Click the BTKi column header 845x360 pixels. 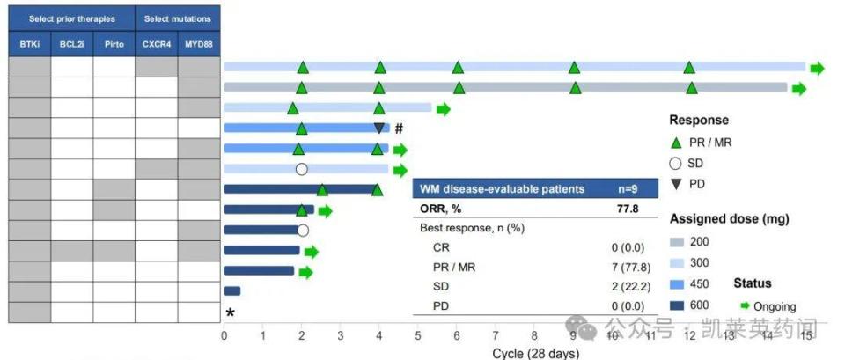point(29,43)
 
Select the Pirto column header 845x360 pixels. point(114,43)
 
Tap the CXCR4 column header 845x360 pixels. point(157,43)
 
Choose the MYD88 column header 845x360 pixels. point(199,43)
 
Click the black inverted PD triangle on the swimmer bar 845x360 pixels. point(379,128)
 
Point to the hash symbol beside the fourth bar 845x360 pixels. point(399,129)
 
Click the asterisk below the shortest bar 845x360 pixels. point(231,312)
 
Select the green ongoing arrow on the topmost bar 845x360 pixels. point(818,68)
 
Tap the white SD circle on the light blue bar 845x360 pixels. point(301,169)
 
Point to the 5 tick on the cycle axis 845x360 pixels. point(418,335)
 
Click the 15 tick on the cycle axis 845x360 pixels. point(805,335)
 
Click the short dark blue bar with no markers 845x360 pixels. point(232,290)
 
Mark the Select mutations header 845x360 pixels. point(178,18)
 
